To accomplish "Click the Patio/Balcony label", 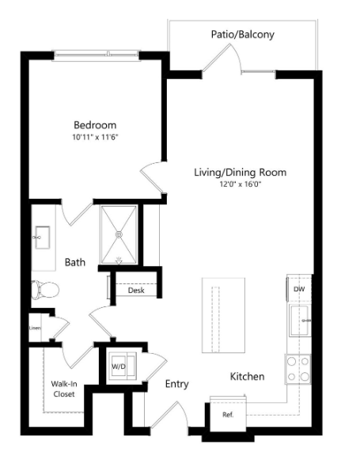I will click(x=242, y=35).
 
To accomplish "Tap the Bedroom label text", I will click(x=95, y=125).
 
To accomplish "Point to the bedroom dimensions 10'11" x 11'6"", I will click(x=95, y=137).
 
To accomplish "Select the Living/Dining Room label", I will click(x=240, y=172).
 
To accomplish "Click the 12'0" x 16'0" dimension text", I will click(x=240, y=184).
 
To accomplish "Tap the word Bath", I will click(x=75, y=261).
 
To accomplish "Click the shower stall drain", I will click(x=119, y=234).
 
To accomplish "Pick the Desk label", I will click(x=136, y=291).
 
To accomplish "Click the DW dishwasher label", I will click(x=299, y=290).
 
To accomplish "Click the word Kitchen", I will click(x=247, y=377).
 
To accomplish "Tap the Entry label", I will click(x=176, y=384).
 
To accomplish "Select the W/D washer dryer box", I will click(x=119, y=367).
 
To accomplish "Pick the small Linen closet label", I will click(x=35, y=327).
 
